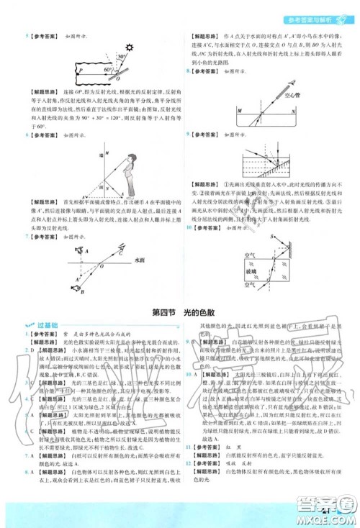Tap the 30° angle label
(x=123, y=56)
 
